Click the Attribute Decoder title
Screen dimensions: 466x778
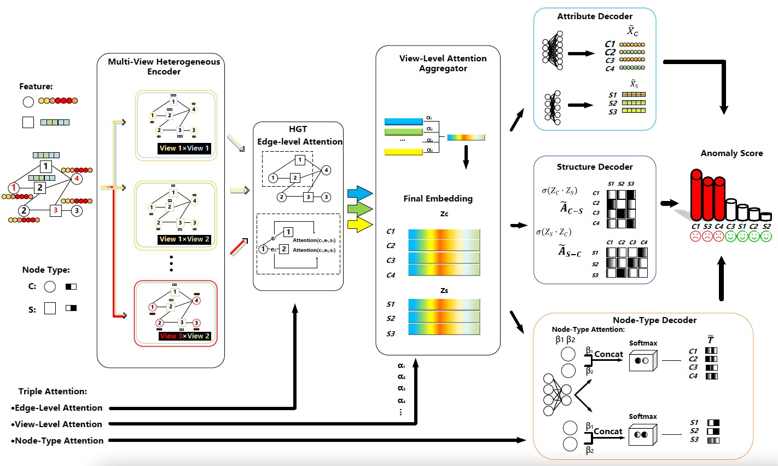595,16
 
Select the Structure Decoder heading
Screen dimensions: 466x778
595,167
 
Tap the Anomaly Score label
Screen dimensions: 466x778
731,153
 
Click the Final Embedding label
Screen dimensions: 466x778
438,199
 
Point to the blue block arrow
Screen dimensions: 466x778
359,193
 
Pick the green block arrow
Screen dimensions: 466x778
359,208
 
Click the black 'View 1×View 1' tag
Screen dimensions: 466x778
184,148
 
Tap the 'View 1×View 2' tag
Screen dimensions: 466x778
184,239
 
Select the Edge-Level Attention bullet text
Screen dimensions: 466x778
59,408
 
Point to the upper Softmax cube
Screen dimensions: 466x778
642,361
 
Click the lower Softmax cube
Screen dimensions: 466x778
642,435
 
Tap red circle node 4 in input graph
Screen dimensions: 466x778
77,179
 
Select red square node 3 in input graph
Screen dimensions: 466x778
55,210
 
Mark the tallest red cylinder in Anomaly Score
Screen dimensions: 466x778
696,196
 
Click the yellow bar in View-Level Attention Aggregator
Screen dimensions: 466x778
404,152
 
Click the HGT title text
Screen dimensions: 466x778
298,129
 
